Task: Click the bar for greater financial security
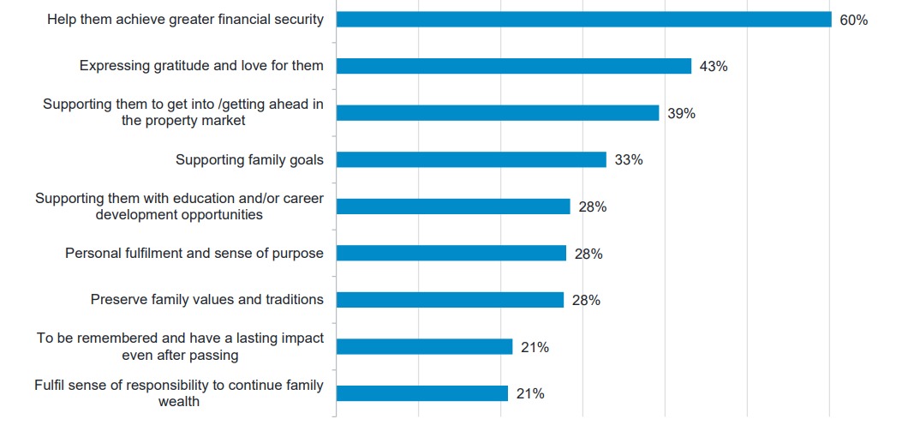(x=583, y=20)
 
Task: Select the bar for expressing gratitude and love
(x=513, y=66)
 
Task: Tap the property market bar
(x=497, y=113)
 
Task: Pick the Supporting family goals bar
(x=471, y=159)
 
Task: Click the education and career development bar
(x=452, y=207)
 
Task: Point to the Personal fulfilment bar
(x=451, y=253)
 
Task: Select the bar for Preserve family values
(x=450, y=300)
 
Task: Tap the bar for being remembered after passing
(x=424, y=347)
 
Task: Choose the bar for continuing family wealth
(x=421, y=393)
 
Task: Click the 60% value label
(x=853, y=20)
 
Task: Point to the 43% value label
(x=714, y=66)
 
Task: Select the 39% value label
(x=681, y=113)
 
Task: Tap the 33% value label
(x=628, y=159)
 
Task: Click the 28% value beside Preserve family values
(x=586, y=300)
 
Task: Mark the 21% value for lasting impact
(x=535, y=347)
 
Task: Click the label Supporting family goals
(x=249, y=159)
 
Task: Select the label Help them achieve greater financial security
(x=186, y=20)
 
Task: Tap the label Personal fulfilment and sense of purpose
(x=194, y=253)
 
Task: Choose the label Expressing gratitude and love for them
(x=201, y=66)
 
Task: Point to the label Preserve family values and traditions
(x=207, y=300)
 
